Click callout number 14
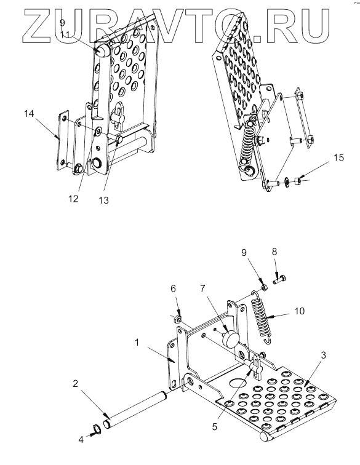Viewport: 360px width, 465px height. pyautogui.click(x=29, y=114)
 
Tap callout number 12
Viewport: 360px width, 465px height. pyautogui.click(x=73, y=199)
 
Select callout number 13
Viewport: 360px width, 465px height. pyautogui.click(x=103, y=201)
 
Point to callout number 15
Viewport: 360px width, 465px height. pyautogui.click(x=338, y=157)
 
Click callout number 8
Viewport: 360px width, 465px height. pyautogui.click(x=274, y=252)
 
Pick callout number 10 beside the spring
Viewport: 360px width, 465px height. pyautogui.click(x=300, y=311)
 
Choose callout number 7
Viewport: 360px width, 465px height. pyautogui.click(x=202, y=288)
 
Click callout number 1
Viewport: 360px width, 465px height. pyautogui.click(x=137, y=343)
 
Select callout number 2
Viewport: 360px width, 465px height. pyautogui.click(x=75, y=383)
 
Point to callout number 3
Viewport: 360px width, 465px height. pyautogui.click(x=324, y=355)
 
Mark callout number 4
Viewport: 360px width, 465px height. pyautogui.click(x=81, y=439)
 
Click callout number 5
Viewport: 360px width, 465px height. pyautogui.click(x=215, y=426)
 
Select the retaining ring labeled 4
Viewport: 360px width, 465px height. pyautogui.click(x=97, y=429)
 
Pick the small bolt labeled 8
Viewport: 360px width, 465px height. pyautogui.click(x=279, y=279)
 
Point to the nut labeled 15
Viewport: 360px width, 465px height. pyautogui.click(x=298, y=180)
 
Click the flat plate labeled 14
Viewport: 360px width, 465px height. pyautogui.click(x=63, y=141)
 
